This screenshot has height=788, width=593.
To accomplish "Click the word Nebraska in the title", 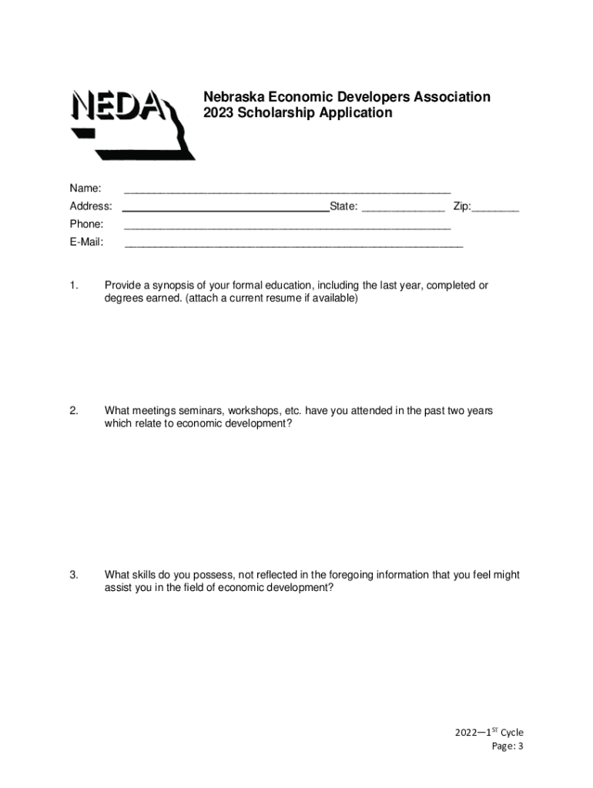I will tap(233, 97).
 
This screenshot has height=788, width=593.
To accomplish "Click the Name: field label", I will tap(85, 189).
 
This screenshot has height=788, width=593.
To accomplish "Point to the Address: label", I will tap(91, 206).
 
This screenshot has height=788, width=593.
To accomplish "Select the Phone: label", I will tap(86, 224).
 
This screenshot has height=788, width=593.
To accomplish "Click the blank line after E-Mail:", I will tap(293, 245).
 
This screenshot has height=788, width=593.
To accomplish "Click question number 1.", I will tap(74, 285).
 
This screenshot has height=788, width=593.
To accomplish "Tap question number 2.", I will tap(74, 411).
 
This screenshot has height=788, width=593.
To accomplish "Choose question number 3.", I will tap(74, 575).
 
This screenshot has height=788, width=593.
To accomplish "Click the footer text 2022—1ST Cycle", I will tap(488, 733).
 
